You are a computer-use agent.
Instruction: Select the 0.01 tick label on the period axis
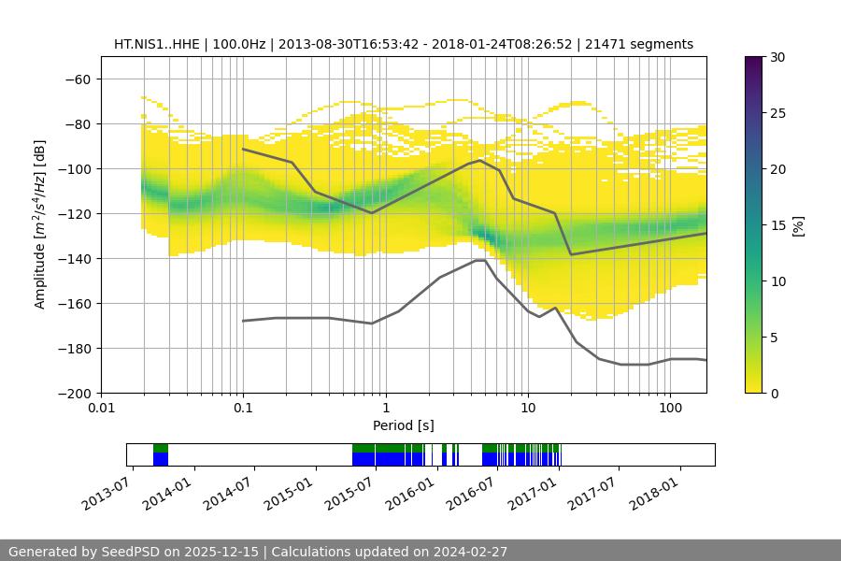[x=101, y=409]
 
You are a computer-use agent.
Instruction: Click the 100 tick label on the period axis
[x=669, y=409]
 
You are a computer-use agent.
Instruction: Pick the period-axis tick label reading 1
[x=385, y=409]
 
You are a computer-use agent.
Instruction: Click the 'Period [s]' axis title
[x=404, y=425]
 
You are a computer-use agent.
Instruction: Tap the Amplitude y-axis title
[x=40, y=224]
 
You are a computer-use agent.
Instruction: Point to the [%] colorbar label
[x=798, y=225]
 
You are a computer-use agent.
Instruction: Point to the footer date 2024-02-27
[x=473, y=552]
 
